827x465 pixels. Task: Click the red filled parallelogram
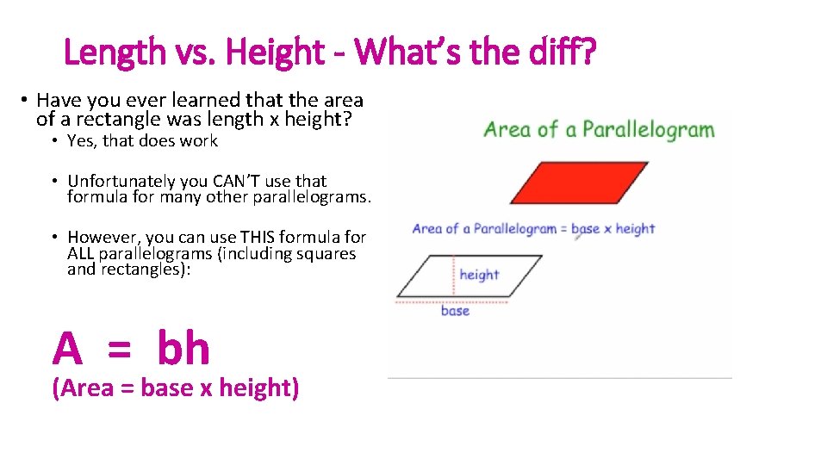pyautogui.click(x=564, y=183)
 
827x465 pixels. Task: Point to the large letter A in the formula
pyautogui.click(x=68, y=350)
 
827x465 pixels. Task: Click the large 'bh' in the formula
pyautogui.click(x=183, y=349)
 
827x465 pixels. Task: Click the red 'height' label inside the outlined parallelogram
pyautogui.click(x=479, y=275)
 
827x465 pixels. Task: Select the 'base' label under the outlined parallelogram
pyautogui.click(x=455, y=311)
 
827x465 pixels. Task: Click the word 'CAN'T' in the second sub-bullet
pyautogui.click(x=232, y=181)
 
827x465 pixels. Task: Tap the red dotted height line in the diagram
pyautogui.click(x=453, y=276)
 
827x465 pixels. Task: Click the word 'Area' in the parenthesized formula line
pyautogui.click(x=88, y=388)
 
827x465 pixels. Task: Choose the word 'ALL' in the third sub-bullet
pyautogui.click(x=81, y=254)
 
